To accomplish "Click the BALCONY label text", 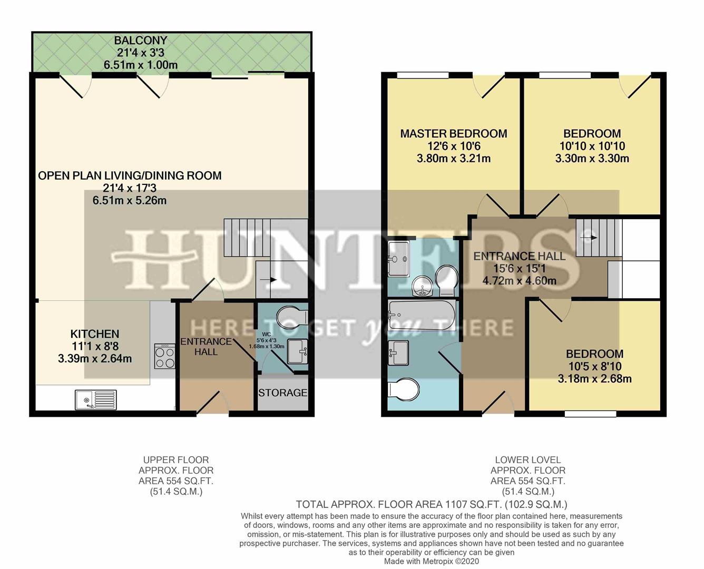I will click(x=141, y=41).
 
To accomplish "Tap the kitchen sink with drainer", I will click(x=95, y=399).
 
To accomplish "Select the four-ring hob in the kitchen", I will click(x=164, y=356).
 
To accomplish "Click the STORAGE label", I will click(x=282, y=393).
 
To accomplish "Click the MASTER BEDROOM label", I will click(x=453, y=134).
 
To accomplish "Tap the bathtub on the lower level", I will click(x=422, y=315).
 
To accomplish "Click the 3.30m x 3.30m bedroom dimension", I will click(x=592, y=158).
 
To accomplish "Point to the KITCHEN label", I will click(x=95, y=334).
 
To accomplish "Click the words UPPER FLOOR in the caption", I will click(x=176, y=460).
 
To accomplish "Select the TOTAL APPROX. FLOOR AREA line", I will click(x=432, y=504).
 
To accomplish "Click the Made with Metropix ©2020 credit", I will click(x=432, y=562).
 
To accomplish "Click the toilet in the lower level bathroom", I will click(x=404, y=390).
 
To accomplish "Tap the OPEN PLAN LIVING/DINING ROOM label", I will click(x=130, y=176).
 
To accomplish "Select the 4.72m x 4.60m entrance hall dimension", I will click(x=519, y=280).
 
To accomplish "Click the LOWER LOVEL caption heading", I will click(x=527, y=460).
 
